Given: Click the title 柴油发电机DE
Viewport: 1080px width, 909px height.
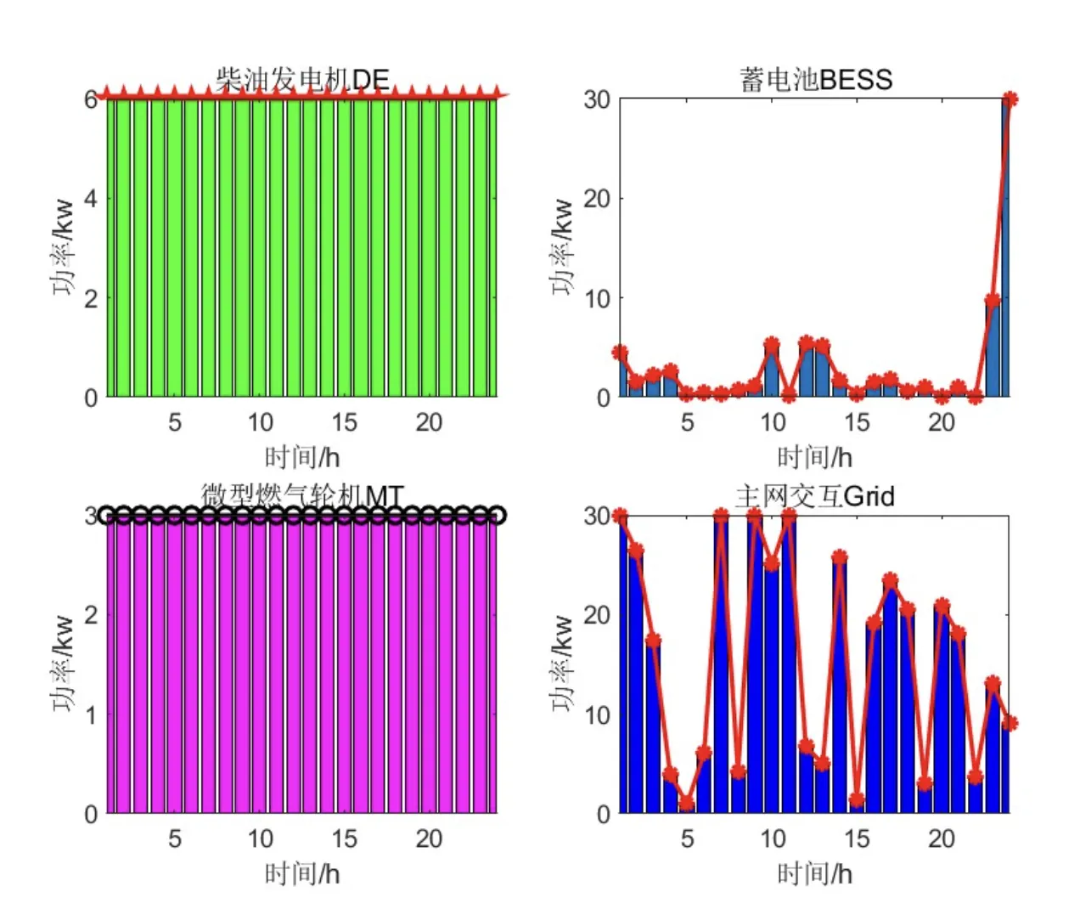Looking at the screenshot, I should coord(302,80).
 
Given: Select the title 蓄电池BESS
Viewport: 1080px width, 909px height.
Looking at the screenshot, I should coord(816,80).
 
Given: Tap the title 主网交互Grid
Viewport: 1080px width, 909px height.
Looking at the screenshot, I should coord(815,496).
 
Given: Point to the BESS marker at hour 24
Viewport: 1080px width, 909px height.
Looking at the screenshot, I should coord(1010,99).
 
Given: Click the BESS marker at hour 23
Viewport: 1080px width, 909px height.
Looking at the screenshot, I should coord(993,300).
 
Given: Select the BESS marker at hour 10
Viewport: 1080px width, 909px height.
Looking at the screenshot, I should coord(772,345).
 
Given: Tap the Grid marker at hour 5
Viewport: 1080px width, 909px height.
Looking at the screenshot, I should coord(687,803).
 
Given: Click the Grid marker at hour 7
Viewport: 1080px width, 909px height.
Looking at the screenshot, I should coord(721,517).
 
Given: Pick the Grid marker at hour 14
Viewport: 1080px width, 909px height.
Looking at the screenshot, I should coord(840,557).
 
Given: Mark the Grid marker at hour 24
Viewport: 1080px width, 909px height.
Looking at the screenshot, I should coord(1010,723).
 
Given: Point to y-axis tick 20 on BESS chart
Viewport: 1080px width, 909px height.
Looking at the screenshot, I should coord(597,199).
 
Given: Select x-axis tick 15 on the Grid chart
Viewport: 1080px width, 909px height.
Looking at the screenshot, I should coord(856,838).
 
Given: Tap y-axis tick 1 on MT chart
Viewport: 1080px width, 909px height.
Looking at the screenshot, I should coord(91,714).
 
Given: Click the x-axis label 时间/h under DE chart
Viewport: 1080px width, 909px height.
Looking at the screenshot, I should coord(302,457).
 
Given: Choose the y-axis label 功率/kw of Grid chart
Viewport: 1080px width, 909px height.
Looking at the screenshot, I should coord(562,663).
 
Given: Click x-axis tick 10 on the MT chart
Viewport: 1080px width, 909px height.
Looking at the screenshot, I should coord(260,838).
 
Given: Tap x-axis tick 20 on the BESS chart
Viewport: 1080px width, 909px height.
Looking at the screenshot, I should coord(941,422).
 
